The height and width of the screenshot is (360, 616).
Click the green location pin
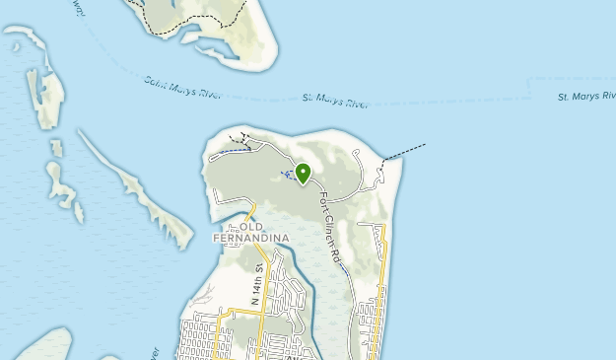(x=303, y=174)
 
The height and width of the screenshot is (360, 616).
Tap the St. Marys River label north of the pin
(x=334, y=99)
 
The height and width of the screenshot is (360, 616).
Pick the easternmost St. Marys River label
(x=585, y=97)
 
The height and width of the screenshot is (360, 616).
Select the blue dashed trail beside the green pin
(x=288, y=176)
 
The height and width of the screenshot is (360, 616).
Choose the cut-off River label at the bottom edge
(x=155, y=352)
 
